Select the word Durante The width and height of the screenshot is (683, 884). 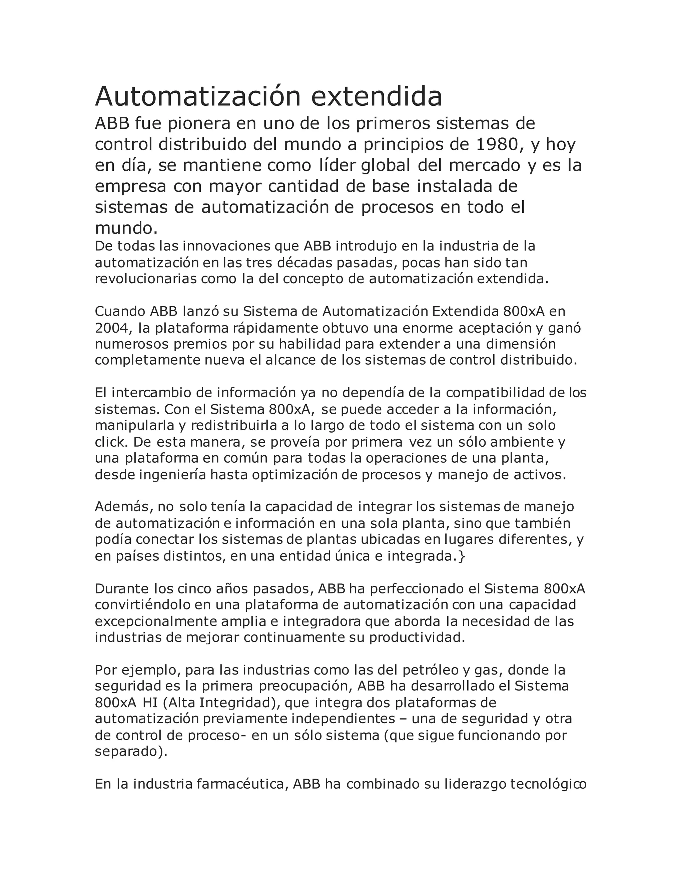(122, 588)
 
